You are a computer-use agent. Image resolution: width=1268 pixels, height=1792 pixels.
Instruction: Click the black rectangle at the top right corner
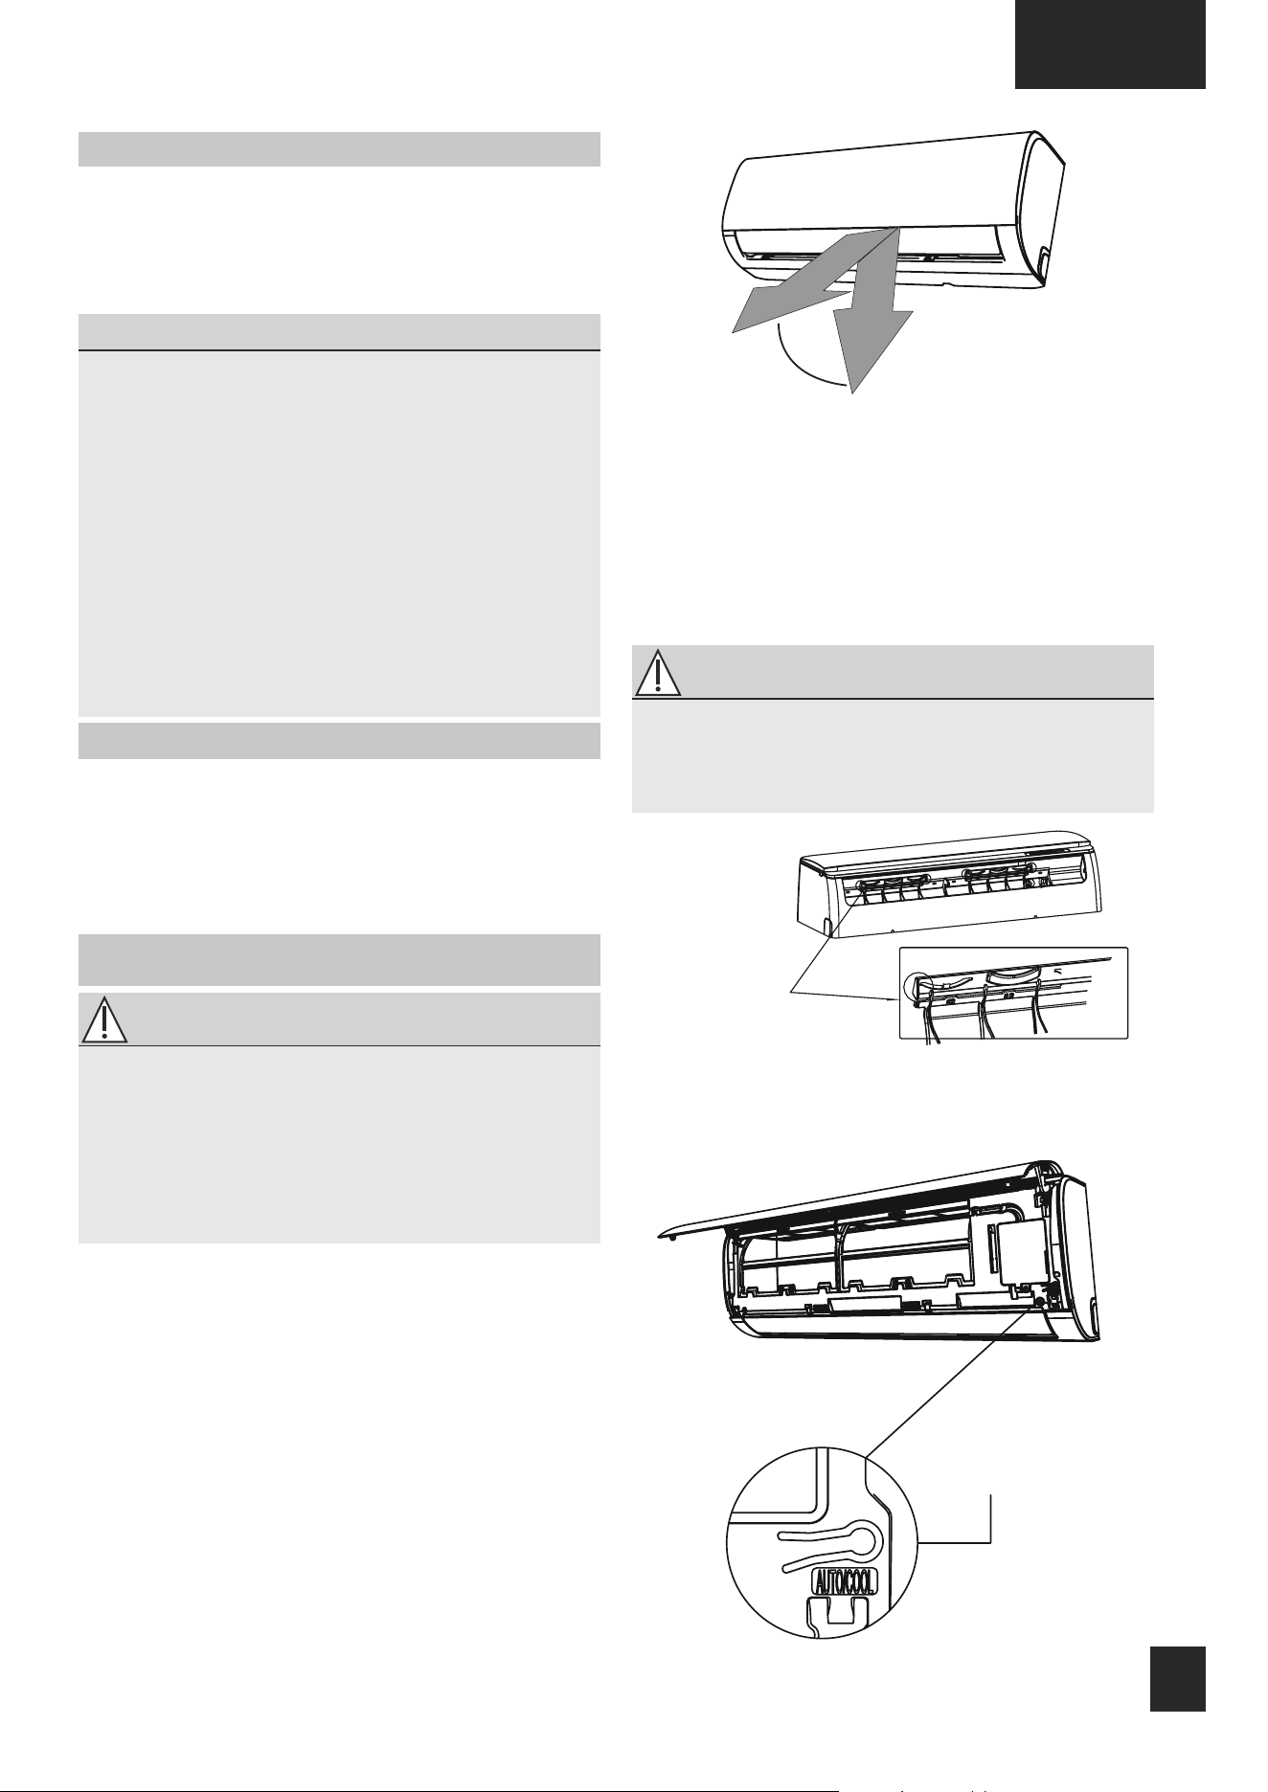(x=1110, y=44)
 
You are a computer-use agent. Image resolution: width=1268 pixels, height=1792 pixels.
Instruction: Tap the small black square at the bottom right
(x=1177, y=1678)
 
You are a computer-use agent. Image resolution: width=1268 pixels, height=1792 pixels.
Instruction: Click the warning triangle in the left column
(x=103, y=1020)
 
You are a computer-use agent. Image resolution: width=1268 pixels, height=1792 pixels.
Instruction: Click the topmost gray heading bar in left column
(x=339, y=149)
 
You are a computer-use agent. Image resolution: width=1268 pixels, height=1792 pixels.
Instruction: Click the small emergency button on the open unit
(x=1038, y=1301)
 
